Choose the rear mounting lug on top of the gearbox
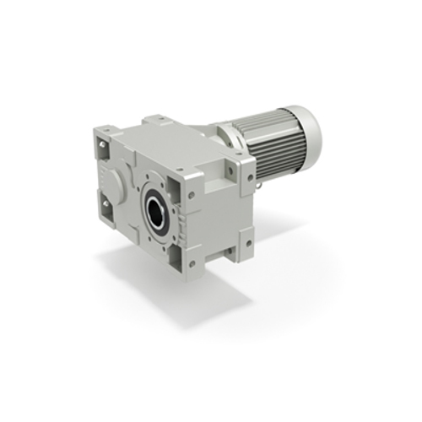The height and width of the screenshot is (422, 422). tap(157, 123)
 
